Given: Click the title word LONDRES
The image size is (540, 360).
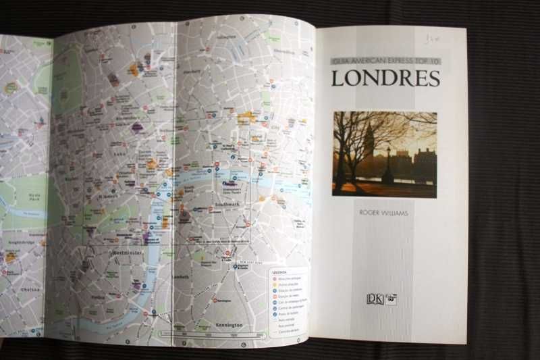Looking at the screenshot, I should tap(385, 78).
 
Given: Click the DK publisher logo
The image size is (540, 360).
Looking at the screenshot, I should tap(381, 299).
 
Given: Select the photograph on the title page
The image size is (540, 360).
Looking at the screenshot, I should tap(384, 154).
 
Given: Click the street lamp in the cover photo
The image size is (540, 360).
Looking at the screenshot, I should tap(388, 165).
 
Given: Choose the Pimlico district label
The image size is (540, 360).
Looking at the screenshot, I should tap(99, 296).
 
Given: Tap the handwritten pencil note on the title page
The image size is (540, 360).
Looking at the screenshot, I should tap(429, 39).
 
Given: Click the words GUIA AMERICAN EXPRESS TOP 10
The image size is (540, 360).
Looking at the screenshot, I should tap(385, 61).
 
